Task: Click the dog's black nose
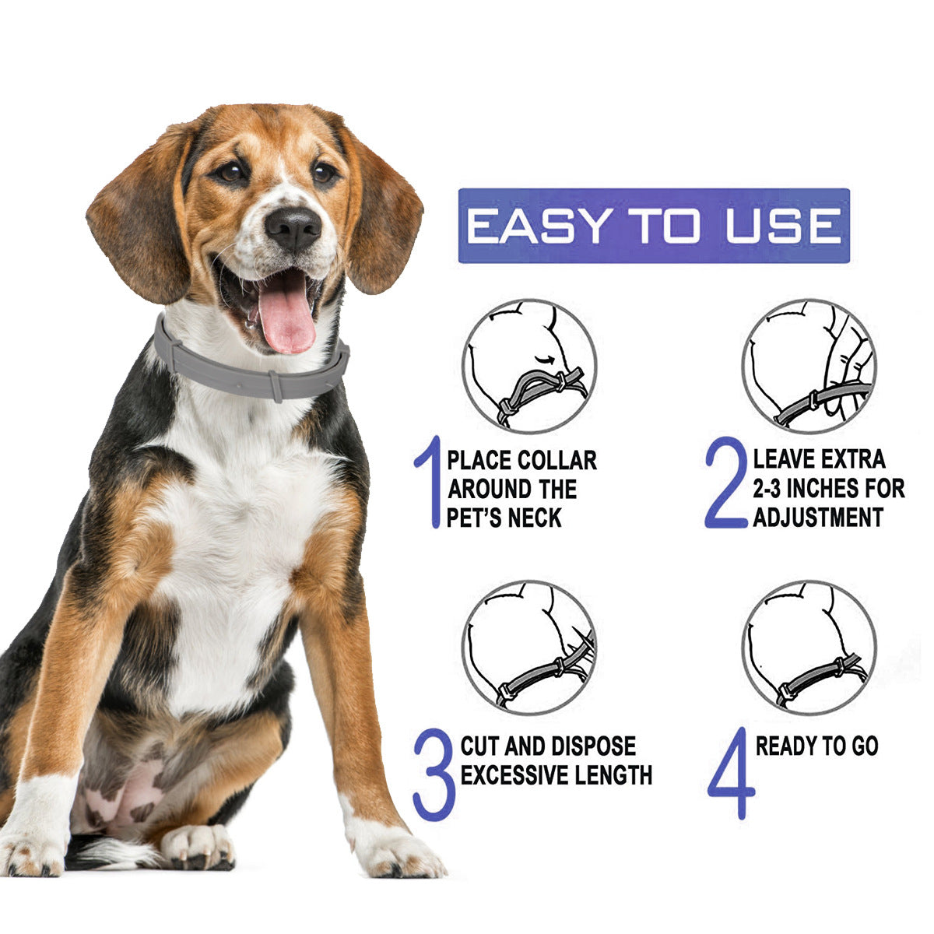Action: click(x=293, y=226)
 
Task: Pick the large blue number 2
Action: click(x=725, y=483)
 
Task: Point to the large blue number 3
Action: click(x=434, y=774)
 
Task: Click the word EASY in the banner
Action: click(x=539, y=226)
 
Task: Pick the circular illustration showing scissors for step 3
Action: click(x=529, y=647)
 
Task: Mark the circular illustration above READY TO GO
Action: click(x=809, y=647)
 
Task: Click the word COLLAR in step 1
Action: click(x=557, y=460)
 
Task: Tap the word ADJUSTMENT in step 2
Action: click(x=818, y=518)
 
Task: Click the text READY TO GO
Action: click(x=816, y=746)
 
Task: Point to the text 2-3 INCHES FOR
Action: click(x=828, y=489)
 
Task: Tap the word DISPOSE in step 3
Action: click(x=591, y=746)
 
